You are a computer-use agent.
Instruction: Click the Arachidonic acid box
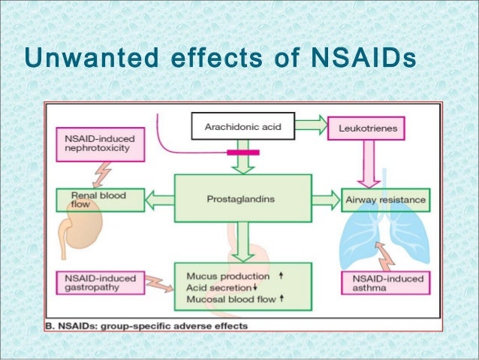pyautogui.click(x=243, y=129)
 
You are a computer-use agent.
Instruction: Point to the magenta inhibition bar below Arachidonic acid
pyautogui.click(x=243, y=153)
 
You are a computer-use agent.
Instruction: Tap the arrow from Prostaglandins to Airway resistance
pyautogui.click(x=325, y=200)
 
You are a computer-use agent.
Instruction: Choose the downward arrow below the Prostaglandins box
pyautogui.click(x=243, y=241)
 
